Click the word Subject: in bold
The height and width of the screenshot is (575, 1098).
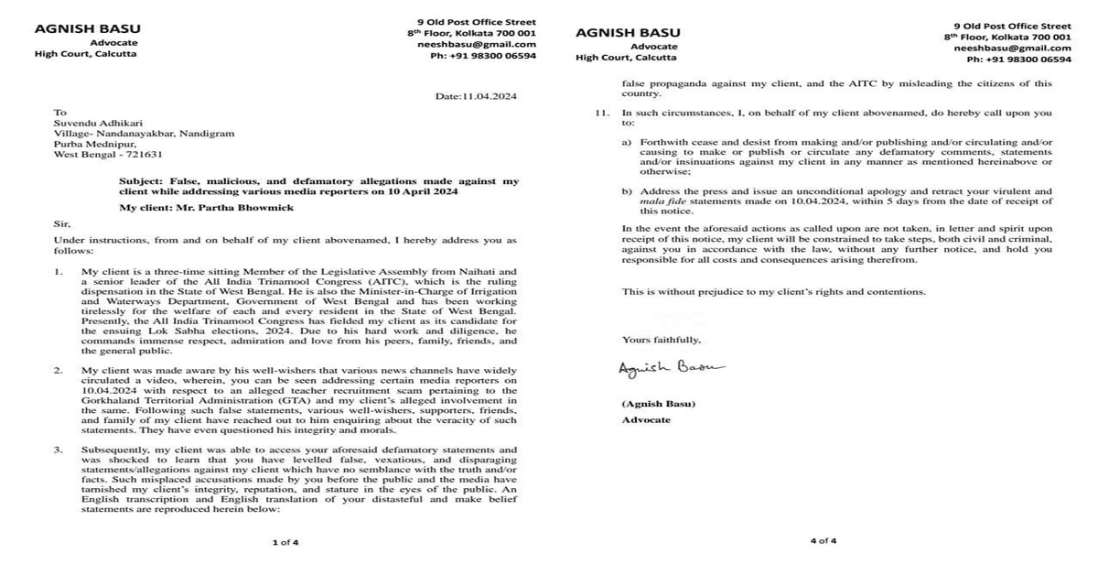[x=144, y=181]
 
